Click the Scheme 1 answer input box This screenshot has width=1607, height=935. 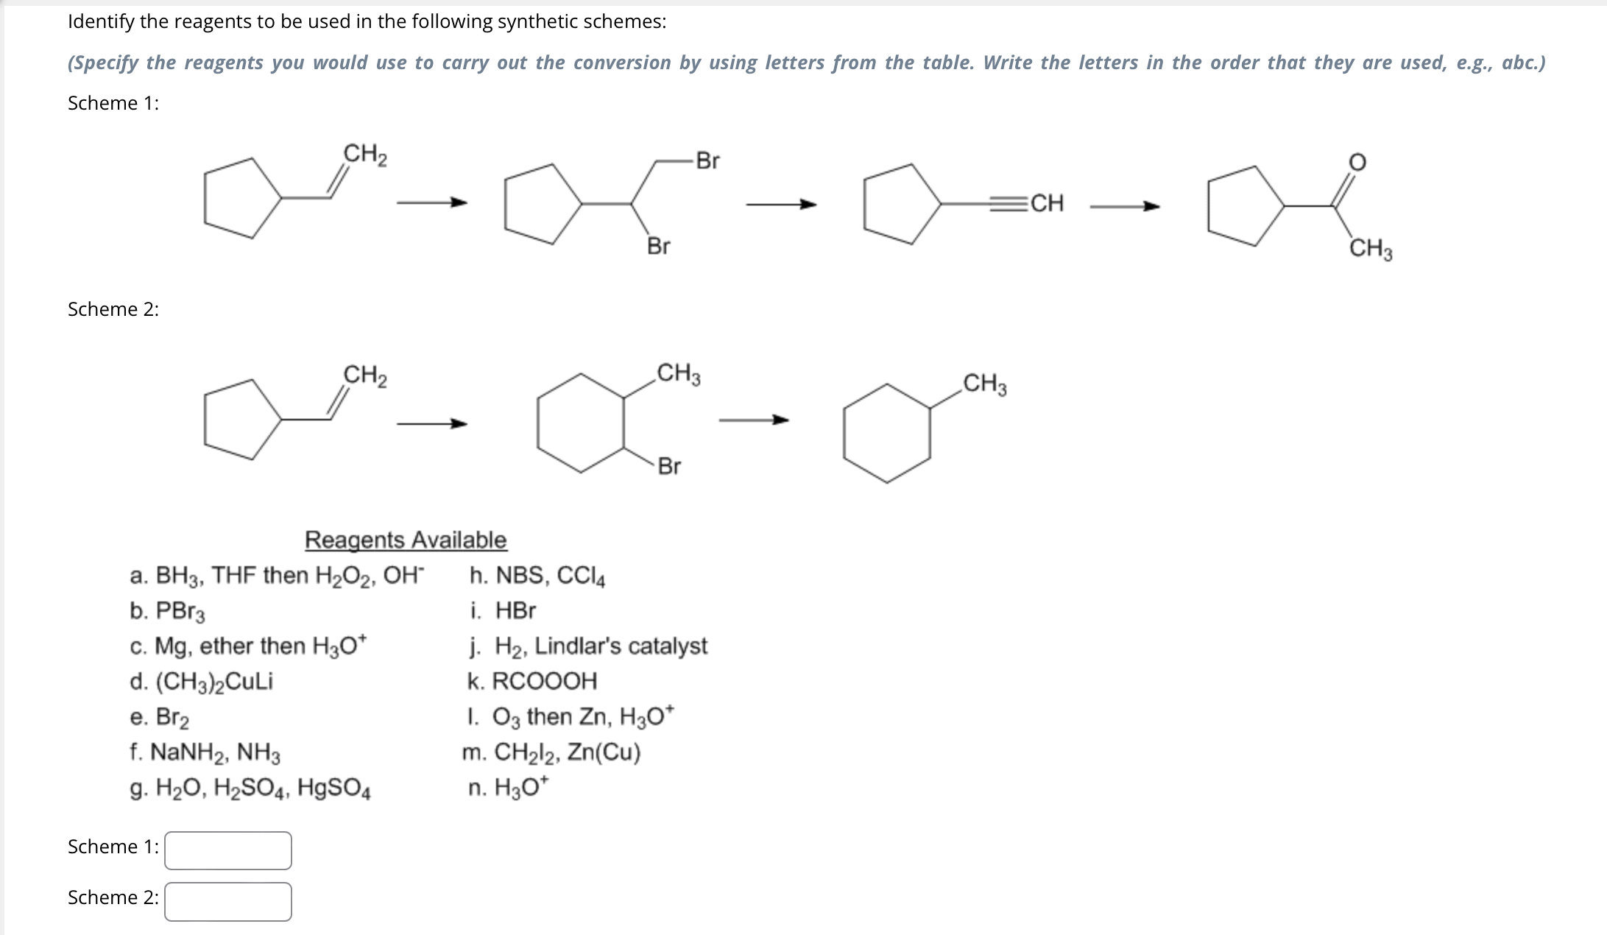point(228,850)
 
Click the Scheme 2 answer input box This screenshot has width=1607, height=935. point(228,901)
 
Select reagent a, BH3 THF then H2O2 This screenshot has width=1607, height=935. point(277,576)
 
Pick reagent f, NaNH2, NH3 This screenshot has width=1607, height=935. point(205,752)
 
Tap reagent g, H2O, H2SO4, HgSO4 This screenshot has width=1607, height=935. point(250,789)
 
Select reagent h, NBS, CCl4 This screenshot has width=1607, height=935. point(537,576)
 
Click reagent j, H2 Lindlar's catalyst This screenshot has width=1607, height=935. point(588,646)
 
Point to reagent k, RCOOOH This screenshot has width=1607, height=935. point(532,682)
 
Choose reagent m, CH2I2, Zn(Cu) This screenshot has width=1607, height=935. point(552,752)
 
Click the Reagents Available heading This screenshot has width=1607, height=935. point(406,540)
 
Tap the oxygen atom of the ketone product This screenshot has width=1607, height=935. point(1357,162)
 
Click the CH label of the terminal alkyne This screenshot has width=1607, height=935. point(1047,203)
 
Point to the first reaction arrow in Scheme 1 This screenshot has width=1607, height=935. point(431,202)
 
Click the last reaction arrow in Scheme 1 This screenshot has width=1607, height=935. point(1124,207)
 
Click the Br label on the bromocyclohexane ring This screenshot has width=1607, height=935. point(669,466)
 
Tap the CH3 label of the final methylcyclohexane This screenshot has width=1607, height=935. point(985,384)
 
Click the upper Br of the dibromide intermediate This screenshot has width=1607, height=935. point(707,160)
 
